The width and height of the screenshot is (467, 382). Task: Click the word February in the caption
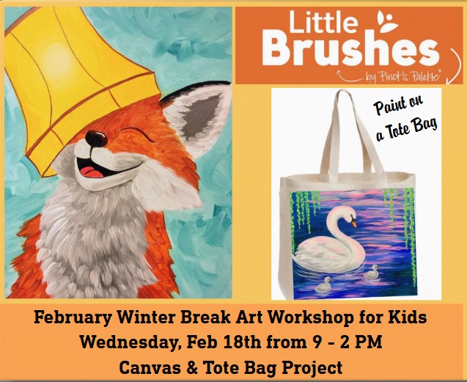click(65, 320)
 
